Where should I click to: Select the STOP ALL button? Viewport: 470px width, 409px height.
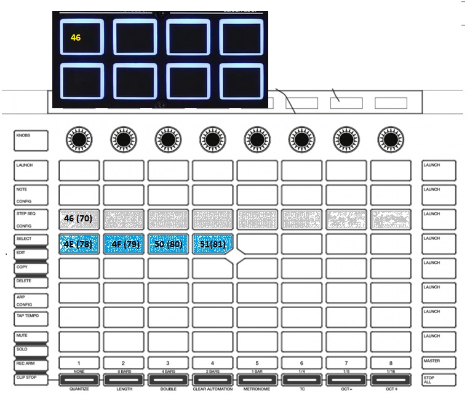[439, 379]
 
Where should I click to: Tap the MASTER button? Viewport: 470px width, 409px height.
[439, 362]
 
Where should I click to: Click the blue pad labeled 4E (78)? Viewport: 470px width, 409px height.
[79, 244]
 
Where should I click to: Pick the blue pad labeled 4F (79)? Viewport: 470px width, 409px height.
[123, 244]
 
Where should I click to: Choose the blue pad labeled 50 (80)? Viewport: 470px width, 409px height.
[167, 244]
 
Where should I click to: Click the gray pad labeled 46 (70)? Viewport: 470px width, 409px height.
[79, 220]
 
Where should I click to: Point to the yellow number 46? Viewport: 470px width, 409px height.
[76, 38]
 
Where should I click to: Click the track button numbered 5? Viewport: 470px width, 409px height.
[257, 363]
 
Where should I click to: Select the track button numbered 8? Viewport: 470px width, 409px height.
[391, 363]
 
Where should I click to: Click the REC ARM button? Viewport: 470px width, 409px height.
[30, 363]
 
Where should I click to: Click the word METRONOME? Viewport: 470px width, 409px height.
[257, 389]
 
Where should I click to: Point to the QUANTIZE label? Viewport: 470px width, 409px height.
[79, 389]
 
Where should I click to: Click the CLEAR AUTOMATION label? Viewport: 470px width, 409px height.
[212, 389]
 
